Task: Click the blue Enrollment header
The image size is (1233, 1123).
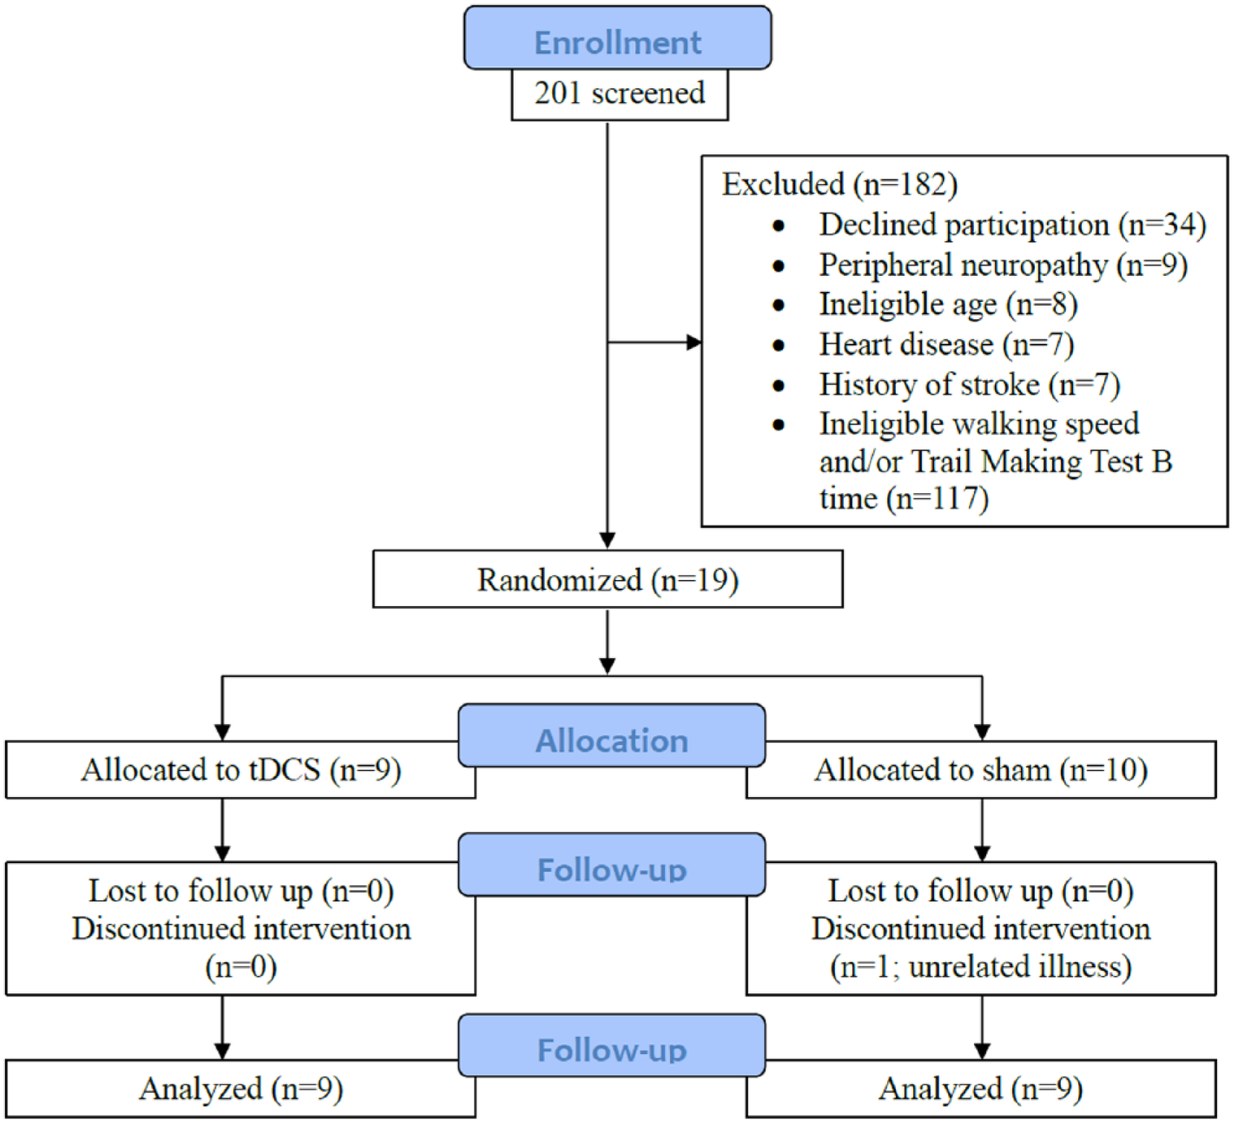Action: pos(617,38)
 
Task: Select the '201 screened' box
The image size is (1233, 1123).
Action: pos(619,94)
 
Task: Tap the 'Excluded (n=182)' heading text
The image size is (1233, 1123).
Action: pos(839,185)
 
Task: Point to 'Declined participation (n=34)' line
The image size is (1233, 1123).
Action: pos(1012,225)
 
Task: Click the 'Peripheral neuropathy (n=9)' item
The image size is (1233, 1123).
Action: pos(1003,265)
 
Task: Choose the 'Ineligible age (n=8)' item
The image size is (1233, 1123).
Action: pos(948,305)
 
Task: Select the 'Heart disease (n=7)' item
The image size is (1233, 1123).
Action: pos(946,345)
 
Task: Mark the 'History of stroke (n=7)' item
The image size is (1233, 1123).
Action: pos(970,384)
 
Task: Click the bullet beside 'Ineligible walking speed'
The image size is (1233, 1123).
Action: pos(779,425)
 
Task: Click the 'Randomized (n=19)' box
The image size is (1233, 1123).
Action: pos(608,579)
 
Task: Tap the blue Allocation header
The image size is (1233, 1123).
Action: pos(611,736)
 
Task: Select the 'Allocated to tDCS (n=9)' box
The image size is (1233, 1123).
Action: pos(240,770)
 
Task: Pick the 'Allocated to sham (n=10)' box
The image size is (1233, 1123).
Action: pos(980,770)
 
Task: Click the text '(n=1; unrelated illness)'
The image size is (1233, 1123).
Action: pos(980,967)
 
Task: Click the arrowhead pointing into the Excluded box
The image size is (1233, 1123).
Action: pos(694,342)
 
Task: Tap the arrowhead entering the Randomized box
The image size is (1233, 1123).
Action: pos(608,541)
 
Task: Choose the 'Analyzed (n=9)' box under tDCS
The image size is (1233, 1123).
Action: pos(240,1088)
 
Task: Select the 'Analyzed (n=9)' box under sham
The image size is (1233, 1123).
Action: pos(980,1088)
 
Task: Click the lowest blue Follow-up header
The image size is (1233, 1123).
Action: pos(611,1046)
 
